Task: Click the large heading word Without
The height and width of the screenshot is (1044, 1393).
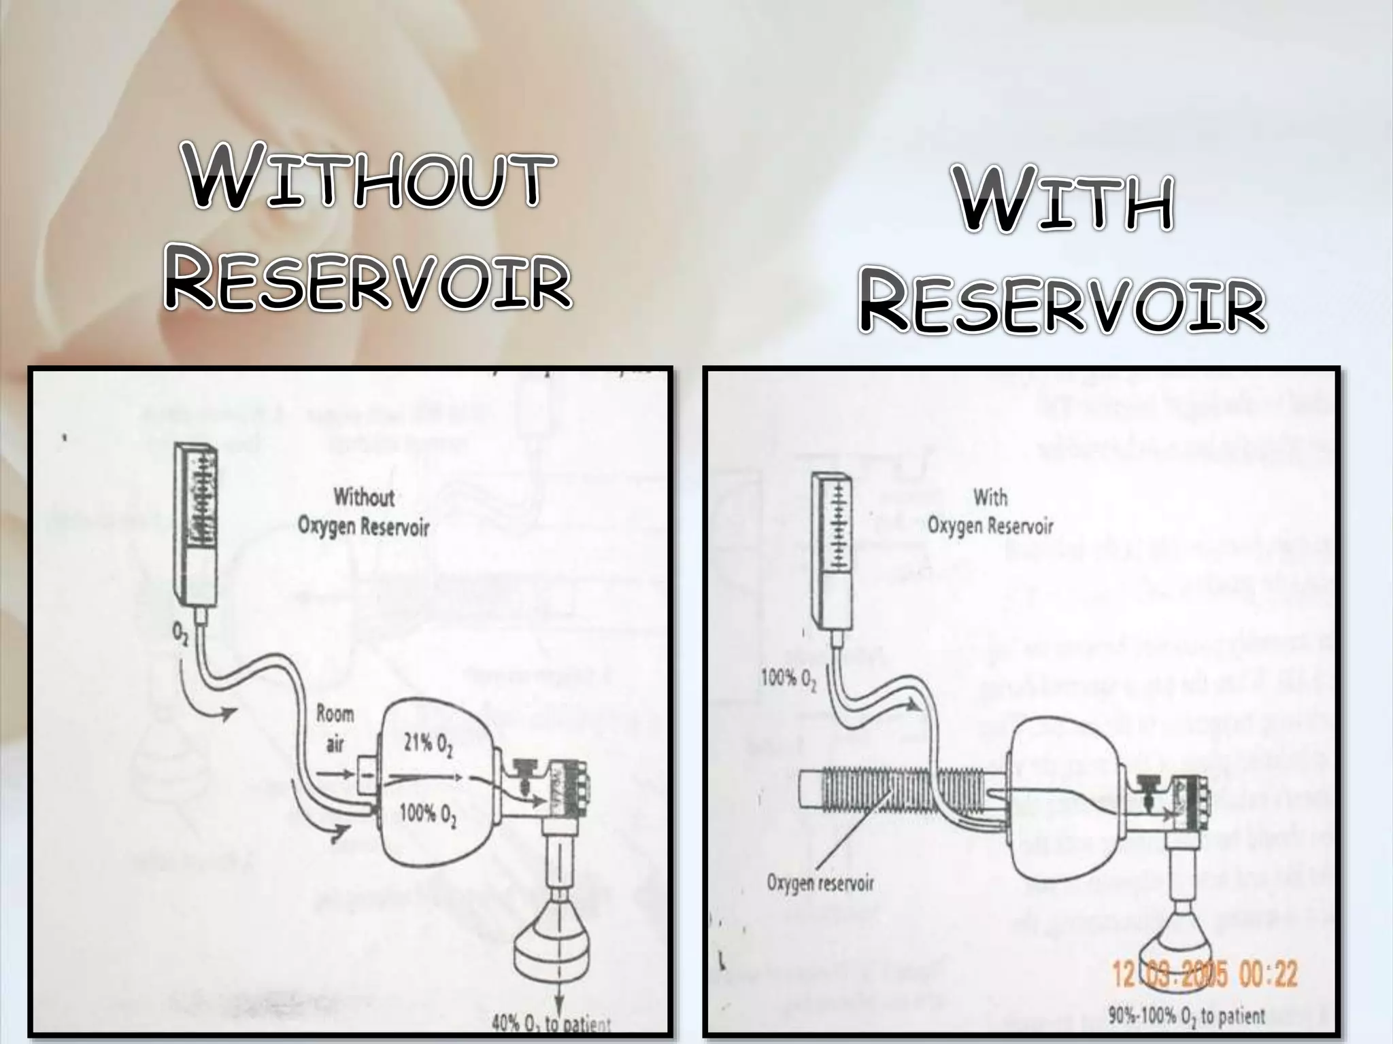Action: (367, 179)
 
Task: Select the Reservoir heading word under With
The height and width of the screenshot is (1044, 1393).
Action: (1062, 305)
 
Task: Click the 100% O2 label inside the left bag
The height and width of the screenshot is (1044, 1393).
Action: (428, 814)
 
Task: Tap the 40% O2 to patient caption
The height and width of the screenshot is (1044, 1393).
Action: (550, 1024)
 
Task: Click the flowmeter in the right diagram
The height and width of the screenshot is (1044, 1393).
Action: (832, 551)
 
